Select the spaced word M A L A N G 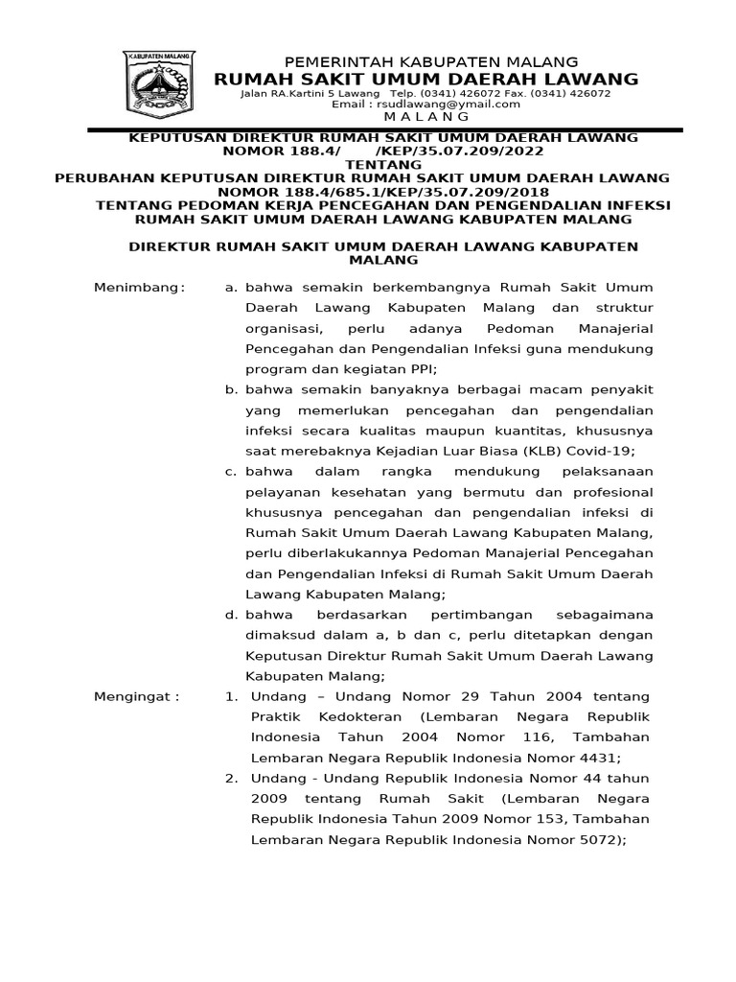[423, 116]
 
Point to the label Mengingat [136, 695]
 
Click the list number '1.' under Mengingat [231, 695]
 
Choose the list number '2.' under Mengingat [231, 778]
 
